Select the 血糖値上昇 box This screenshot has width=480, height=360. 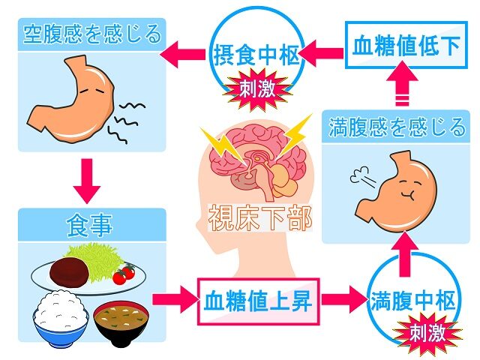click(x=258, y=301)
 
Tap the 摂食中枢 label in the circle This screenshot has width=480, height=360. click(x=256, y=55)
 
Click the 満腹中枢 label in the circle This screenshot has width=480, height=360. click(x=413, y=301)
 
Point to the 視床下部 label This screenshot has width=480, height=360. click(x=260, y=218)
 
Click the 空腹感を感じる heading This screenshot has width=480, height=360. click(x=91, y=34)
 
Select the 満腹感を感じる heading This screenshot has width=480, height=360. click(x=397, y=127)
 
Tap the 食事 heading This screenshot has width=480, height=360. click(x=90, y=225)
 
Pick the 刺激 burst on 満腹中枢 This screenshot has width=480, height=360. click(x=427, y=333)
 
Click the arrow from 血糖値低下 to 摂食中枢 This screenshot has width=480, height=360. click(x=322, y=54)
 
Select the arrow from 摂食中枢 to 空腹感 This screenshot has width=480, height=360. click(x=182, y=55)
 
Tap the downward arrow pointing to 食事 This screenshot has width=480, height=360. click(x=87, y=181)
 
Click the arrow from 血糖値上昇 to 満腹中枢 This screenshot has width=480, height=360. click(x=344, y=300)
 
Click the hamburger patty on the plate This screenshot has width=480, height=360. click(x=70, y=270)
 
